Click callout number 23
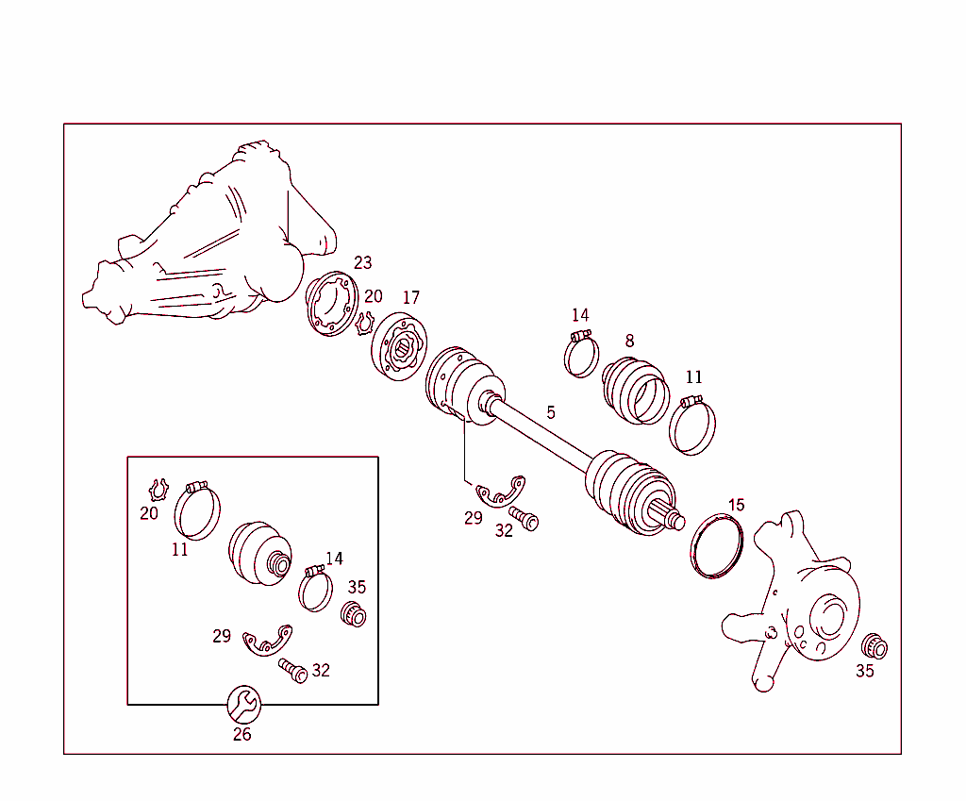pos(363,263)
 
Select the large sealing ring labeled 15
pos(719,545)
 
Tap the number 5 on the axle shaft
pos(551,412)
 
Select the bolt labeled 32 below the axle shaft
pos(524,518)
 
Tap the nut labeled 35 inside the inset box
pos(353,615)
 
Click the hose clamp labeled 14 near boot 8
pos(581,354)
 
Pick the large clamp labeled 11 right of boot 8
pos(693,426)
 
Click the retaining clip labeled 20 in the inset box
pos(158,490)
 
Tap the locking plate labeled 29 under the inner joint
pos(500,492)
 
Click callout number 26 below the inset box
pos(242,734)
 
